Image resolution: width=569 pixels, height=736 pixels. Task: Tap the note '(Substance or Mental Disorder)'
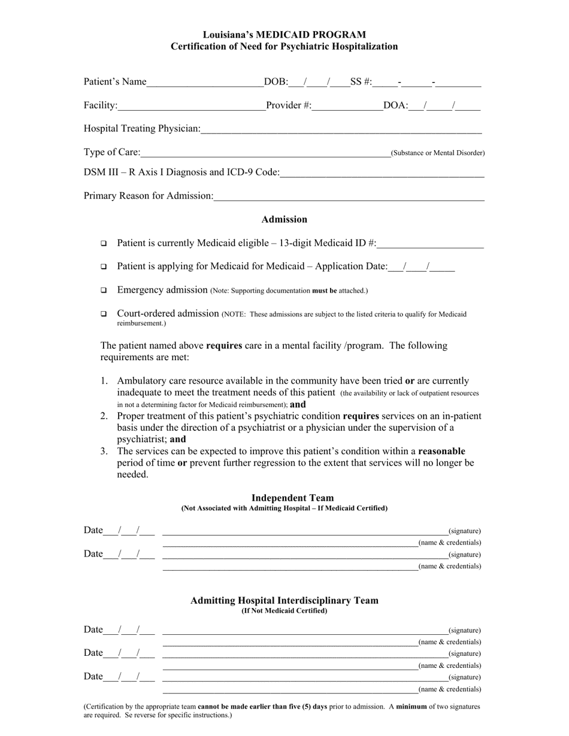[x=438, y=153]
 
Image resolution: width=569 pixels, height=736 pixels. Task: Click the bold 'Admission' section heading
[x=284, y=220]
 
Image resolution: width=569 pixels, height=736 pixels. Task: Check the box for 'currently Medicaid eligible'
[x=104, y=244]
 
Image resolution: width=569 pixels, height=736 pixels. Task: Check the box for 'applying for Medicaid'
[x=104, y=267]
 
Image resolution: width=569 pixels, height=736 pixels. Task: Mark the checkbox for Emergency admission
[x=104, y=290]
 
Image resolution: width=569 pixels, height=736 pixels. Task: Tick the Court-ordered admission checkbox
[x=104, y=314]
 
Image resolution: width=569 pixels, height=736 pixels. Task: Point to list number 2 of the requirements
[x=104, y=416]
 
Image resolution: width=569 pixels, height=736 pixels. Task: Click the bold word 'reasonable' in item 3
[x=441, y=451]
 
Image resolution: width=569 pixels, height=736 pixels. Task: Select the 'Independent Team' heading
[x=292, y=498]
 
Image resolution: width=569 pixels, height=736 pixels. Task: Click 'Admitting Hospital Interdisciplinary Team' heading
[x=284, y=600]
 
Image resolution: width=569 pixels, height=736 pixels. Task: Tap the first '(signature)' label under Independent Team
[x=464, y=531]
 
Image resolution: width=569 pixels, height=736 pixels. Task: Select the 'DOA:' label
[x=395, y=106]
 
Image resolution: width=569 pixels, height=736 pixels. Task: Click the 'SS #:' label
[x=361, y=82]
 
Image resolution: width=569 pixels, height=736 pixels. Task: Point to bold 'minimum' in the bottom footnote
[x=411, y=707]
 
